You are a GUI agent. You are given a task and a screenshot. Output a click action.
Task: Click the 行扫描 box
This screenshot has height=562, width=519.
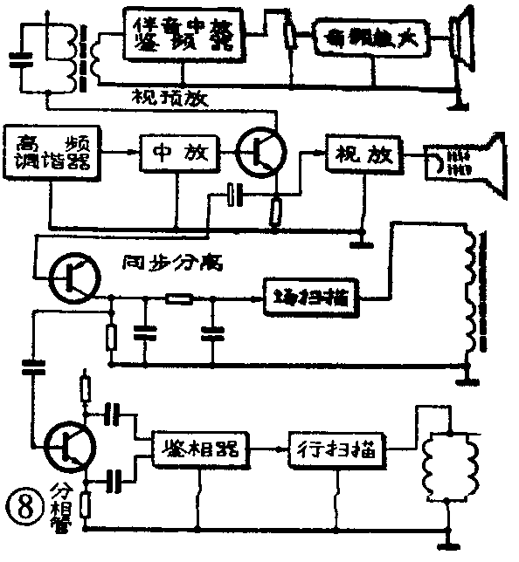(334, 449)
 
